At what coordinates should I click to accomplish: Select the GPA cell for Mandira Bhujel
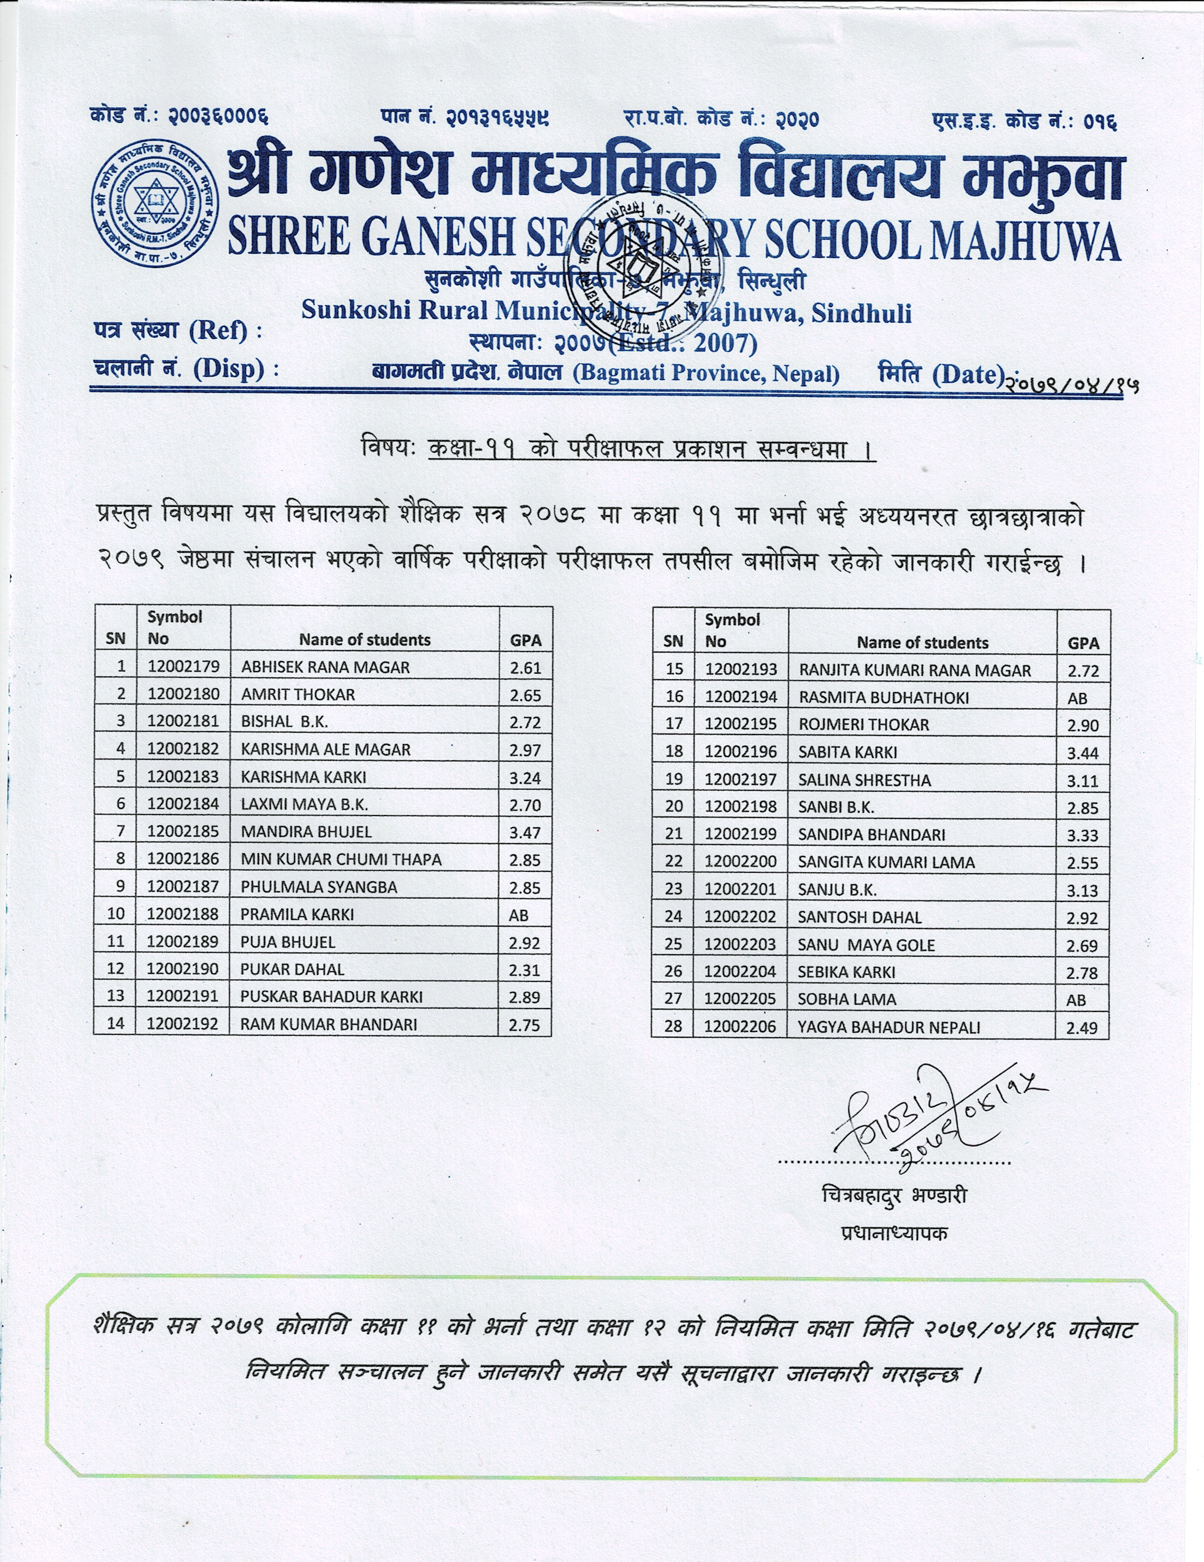point(525,833)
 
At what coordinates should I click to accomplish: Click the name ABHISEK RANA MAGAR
point(326,667)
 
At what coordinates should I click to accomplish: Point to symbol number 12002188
point(183,914)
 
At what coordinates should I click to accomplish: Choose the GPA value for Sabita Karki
point(1082,753)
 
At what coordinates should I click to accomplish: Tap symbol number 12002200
point(740,862)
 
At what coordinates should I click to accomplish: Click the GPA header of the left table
point(526,640)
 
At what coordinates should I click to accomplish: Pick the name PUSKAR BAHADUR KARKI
point(331,996)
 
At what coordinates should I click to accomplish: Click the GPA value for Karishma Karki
point(525,777)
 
